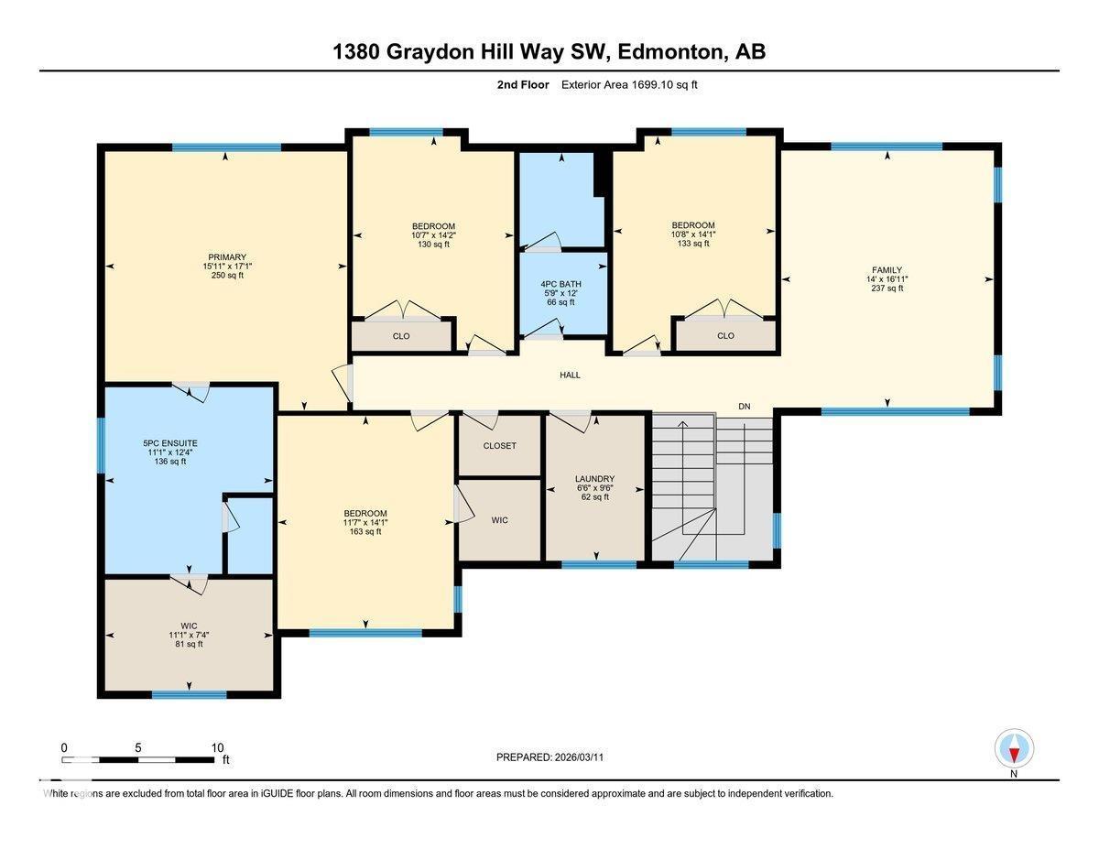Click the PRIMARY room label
227,257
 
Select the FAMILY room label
887,270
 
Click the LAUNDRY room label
594,479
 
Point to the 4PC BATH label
561,284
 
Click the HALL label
570,375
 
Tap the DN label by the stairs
745,406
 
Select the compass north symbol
1014,749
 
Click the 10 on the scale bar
217,747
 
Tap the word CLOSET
499,446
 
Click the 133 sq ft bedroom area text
693,243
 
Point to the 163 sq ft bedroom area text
365,531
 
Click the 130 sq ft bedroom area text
433,244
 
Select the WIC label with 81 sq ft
190,626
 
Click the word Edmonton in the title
669,52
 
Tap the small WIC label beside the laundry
499,520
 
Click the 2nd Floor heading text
523,84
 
